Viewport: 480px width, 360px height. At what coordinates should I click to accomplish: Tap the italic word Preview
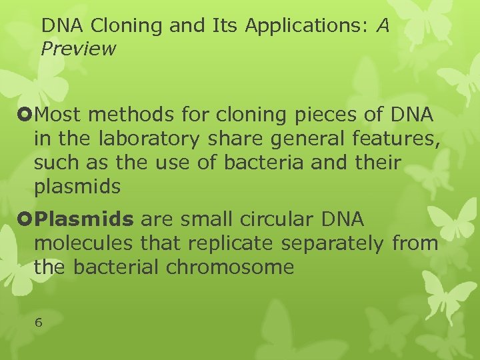point(78,49)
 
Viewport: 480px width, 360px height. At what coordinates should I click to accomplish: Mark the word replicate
point(234,244)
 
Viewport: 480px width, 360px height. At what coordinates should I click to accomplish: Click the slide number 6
point(38,323)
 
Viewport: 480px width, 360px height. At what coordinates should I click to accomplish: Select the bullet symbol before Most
point(27,115)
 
